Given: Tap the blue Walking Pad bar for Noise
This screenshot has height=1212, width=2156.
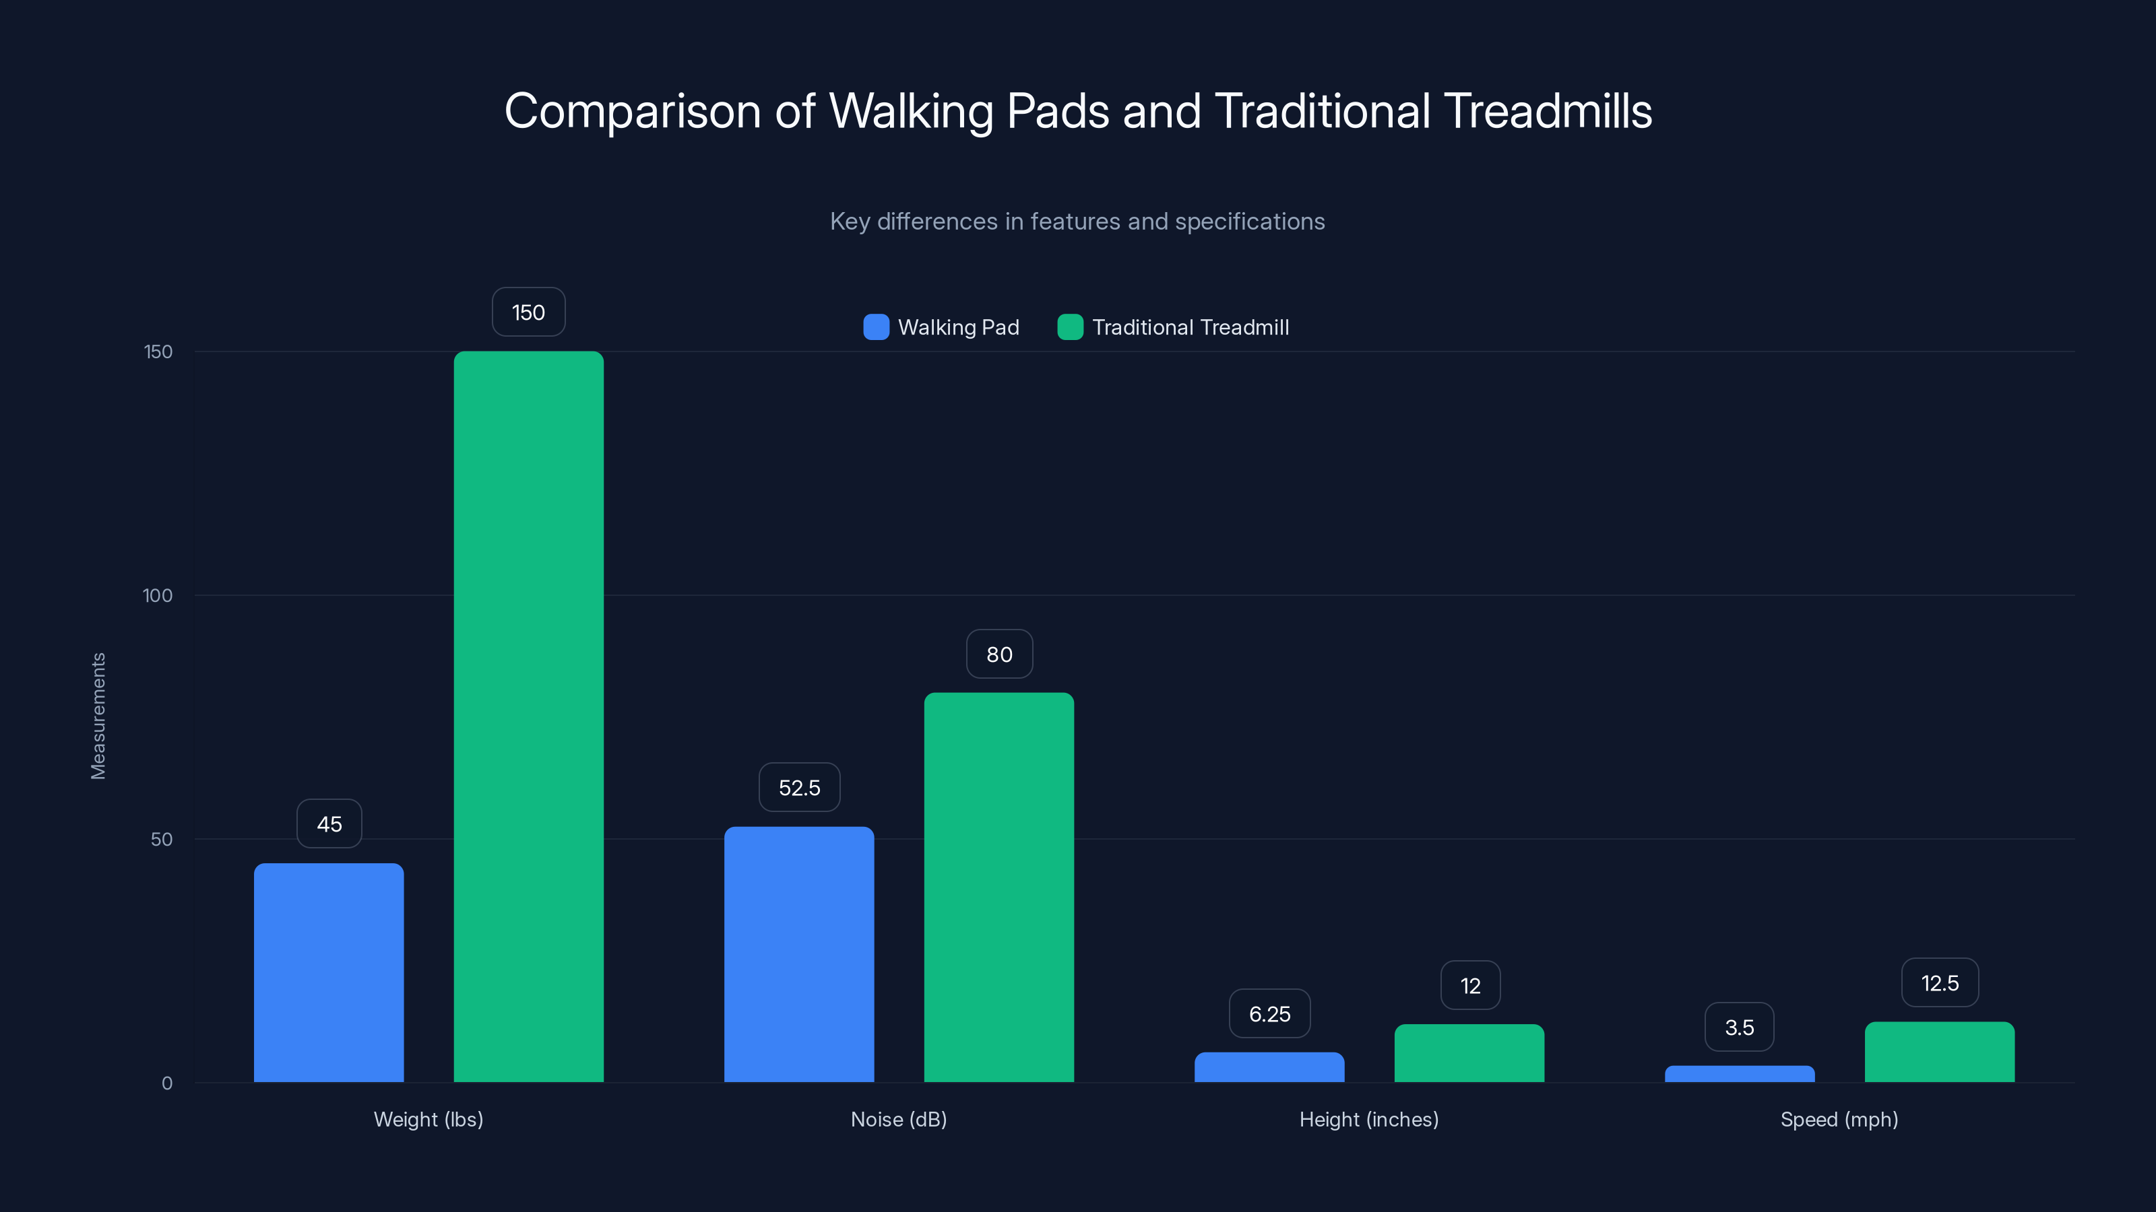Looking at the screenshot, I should pos(798,953).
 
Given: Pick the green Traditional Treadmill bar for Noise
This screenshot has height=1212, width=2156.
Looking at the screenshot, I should pos(998,887).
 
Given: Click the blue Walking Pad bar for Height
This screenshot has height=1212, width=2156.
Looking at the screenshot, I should pos(1269,1067).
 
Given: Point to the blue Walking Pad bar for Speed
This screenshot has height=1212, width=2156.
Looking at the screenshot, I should pos(1739,1074).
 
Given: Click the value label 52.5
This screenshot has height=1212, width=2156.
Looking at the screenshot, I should pos(799,788).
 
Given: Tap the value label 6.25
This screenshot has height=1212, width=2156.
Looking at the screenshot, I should pos(1269,1014).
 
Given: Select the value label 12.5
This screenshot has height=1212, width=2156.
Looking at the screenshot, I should pos(1939,983).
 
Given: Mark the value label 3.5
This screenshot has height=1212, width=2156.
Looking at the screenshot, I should pos(1739,1027).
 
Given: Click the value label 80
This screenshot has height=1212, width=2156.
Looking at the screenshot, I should pos(999,654).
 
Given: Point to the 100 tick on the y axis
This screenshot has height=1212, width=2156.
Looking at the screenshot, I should pos(158,595).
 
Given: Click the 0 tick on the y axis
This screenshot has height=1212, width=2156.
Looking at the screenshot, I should pos(166,1083).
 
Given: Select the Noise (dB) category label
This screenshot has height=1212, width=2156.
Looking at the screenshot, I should pos(899,1119).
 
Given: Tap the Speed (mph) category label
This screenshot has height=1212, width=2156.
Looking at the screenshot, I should pos(1839,1119).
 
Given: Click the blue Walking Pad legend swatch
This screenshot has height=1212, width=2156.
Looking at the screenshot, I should pos(875,327).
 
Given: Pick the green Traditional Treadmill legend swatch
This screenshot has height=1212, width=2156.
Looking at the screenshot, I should pos(1070,327).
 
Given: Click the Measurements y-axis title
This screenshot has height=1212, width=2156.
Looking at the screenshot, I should pos(98,716).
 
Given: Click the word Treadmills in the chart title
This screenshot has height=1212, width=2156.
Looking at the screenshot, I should pos(1548,111).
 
